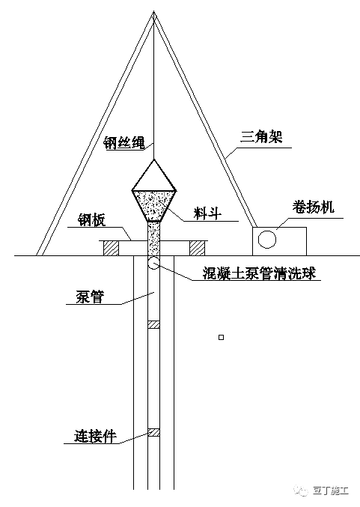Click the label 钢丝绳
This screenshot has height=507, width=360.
click(x=124, y=143)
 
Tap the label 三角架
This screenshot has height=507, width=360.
click(x=261, y=137)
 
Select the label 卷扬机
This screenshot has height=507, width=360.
click(x=313, y=207)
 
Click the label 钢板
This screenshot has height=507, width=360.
click(x=91, y=220)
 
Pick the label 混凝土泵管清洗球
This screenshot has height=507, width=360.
click(x=259, y=273)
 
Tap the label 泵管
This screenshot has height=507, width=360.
click(x=90, y=297)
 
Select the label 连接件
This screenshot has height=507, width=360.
click(x=95, y=436)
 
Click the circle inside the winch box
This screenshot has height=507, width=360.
click(x=267, y=240)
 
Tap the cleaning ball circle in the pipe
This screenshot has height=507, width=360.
click(x=154, y=263)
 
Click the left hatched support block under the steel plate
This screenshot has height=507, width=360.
click(x=111, y=249)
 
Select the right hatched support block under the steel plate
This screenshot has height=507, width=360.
click(x=197, y=249)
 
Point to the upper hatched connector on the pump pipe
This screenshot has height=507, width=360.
click(x=154, y=324)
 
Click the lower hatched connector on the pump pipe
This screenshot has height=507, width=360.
click(x=154, y=432)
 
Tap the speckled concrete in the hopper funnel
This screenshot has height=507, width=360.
click(x=154, y=204)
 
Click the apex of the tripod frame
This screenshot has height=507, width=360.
click(x=154, y=11)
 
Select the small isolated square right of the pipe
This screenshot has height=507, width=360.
click(x=222, y=337)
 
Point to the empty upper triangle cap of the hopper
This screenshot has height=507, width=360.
click(x=154, y=177)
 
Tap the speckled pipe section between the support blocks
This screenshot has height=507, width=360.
click(x=154, y=239)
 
